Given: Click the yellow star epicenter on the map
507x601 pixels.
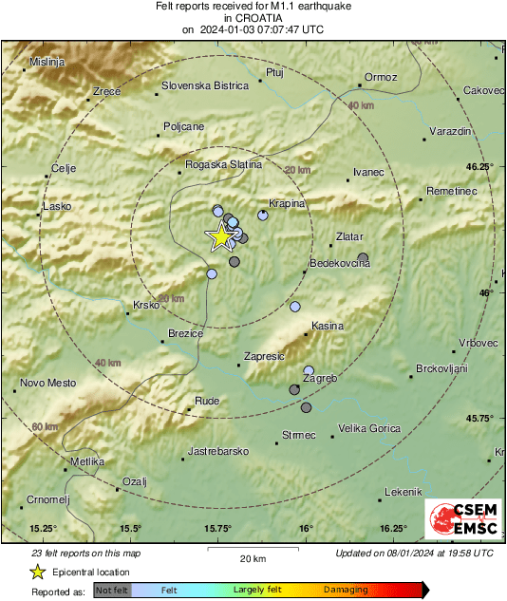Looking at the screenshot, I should pyautogui.click(x=220, y=236).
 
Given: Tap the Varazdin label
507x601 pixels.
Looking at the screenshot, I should pyautogui.click(x=451, y=130).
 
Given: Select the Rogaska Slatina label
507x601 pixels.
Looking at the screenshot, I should pyautogui.click(x=224, y=164).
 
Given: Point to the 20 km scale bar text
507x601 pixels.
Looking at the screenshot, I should pyautogui.click(x=252, y=557).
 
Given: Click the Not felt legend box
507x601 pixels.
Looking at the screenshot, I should pyautogui.click(x=111, y=590).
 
